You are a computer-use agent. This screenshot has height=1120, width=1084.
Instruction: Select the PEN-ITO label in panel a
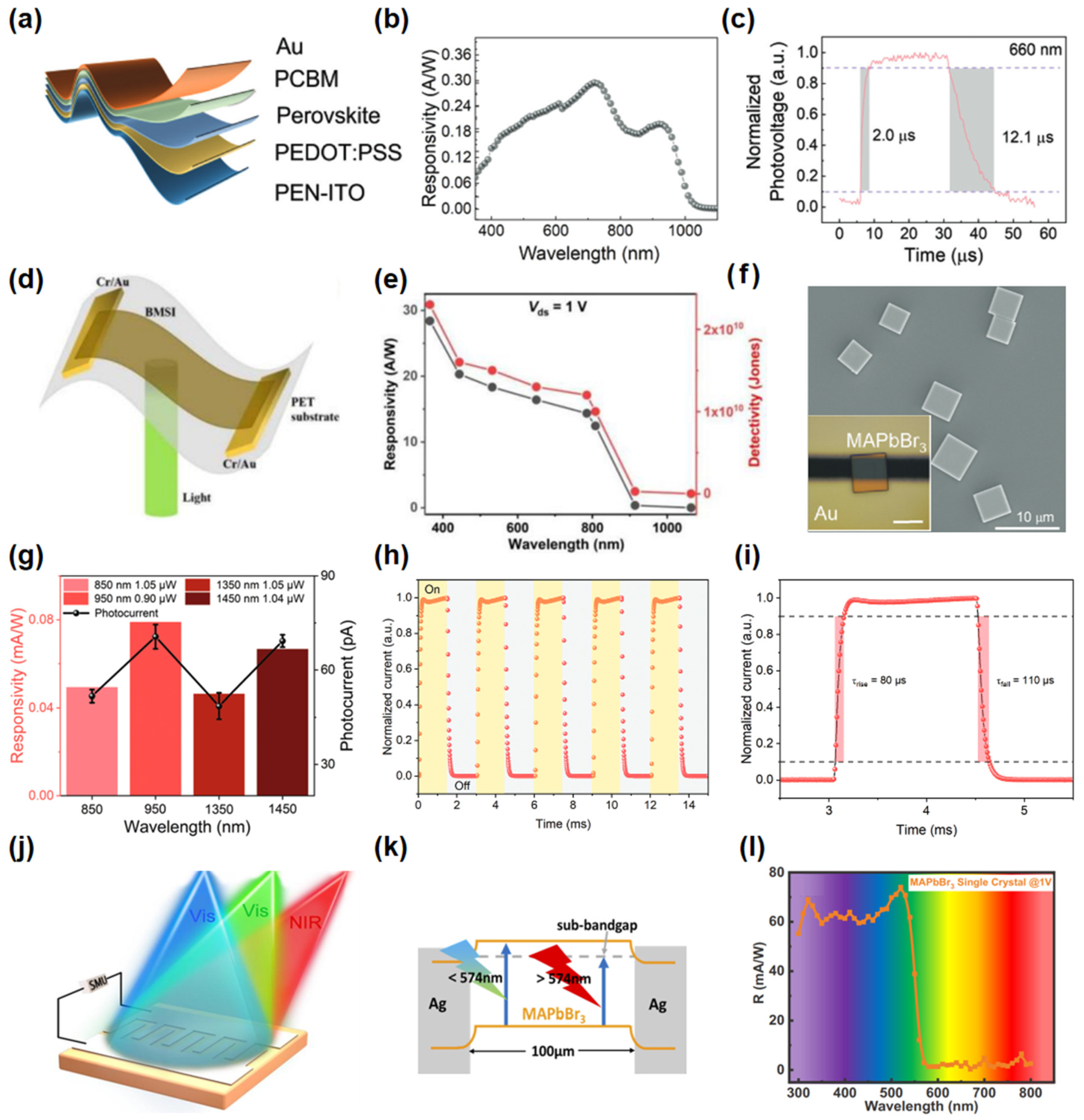(x=319, y=193)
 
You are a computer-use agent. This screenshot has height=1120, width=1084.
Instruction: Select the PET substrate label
(x=315, y=410)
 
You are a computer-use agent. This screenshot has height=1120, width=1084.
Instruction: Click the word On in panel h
(x=432, y=589)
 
